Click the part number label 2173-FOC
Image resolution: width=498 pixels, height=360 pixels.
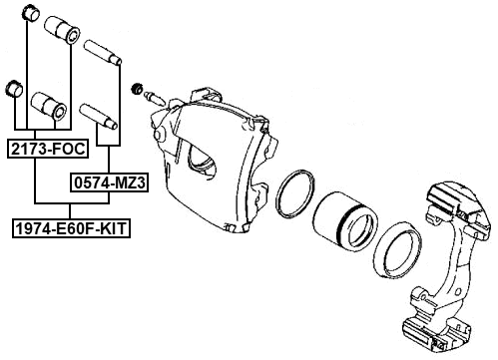[x=47, y=150]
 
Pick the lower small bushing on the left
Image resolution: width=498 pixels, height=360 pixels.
[x=15, y=89]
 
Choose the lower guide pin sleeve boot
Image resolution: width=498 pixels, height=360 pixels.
[x=49, y=105]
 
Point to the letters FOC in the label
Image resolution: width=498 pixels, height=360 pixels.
[x=68, y=150]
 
